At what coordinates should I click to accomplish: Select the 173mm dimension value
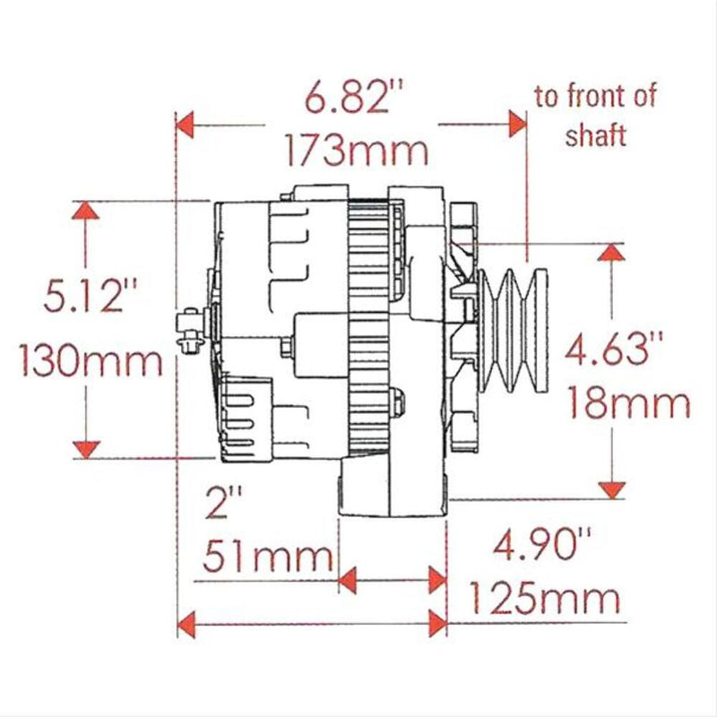[x=356, y=150]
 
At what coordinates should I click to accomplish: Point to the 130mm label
[x=90, y=363]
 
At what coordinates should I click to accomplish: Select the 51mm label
[x=268, y=558]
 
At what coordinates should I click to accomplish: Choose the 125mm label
[x=545, y=596]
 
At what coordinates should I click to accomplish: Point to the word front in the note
[x=601, y=96]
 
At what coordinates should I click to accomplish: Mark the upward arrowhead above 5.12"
[x=86, y=212]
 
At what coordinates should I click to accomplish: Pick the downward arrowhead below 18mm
[x=612, y=488]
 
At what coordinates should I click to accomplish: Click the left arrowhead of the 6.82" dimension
[x=186, y=123]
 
